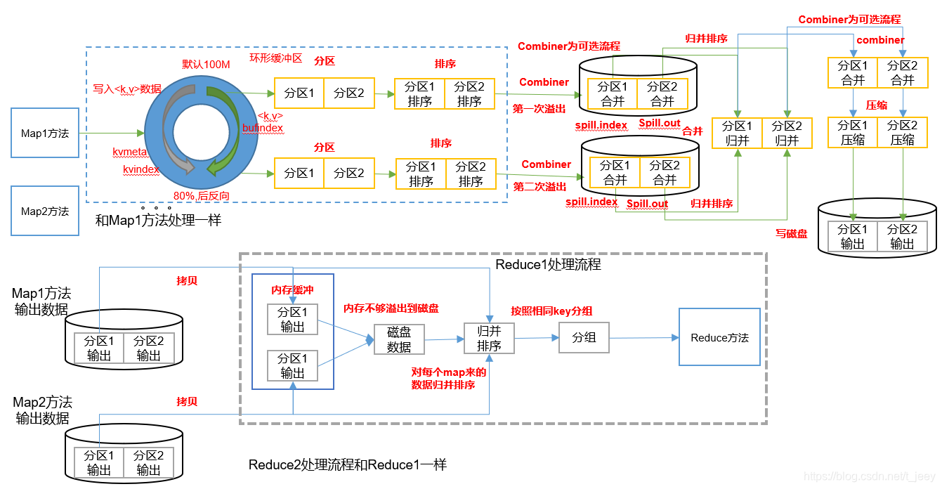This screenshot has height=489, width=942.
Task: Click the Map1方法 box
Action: (x=45, y=133)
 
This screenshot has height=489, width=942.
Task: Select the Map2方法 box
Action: (x=45, y=211)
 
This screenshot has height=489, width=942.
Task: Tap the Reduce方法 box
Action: (x=719, y=337)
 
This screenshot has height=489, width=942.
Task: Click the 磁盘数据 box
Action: (x=399, y=339)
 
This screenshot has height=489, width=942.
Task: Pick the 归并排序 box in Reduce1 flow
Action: (x=489, y=339)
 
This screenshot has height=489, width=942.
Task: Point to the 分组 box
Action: (x=584, y=337)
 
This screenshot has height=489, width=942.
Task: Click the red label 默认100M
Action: (x=206, y=65)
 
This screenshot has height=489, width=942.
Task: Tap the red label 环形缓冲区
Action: (x=276, y=58)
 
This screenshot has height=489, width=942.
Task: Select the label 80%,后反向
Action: (x=202, y=196)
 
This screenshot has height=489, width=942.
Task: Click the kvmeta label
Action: (x=129, y=152)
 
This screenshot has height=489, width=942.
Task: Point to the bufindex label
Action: (x=263, y=128)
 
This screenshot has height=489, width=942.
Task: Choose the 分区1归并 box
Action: (x=737, y=133)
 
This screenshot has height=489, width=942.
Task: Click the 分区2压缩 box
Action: (x=902, y=133)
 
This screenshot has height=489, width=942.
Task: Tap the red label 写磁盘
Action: (x=792, y=234)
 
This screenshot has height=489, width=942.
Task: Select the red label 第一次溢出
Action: (x=539, y=109)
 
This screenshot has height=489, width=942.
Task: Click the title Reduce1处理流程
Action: (x=549, y=264)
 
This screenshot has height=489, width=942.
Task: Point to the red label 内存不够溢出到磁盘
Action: (x=391, y=308)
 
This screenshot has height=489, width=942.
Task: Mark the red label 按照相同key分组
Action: (x=551, y=311)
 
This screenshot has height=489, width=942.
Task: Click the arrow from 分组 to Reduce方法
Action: (x=644, y=338)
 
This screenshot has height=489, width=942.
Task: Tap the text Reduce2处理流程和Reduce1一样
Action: (x=347, y=464)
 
